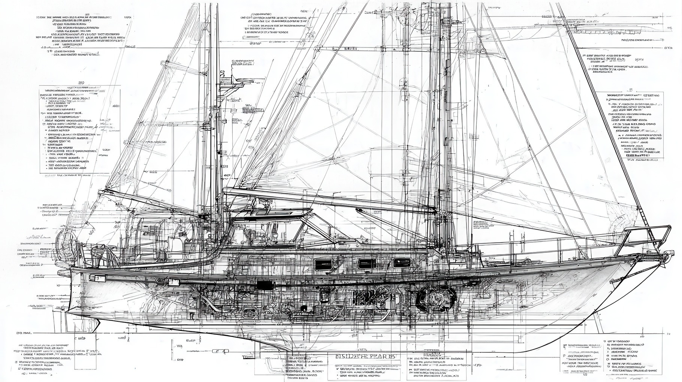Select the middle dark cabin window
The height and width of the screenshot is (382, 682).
click(x=365, y=263)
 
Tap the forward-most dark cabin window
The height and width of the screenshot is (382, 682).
click(x=401, y=261)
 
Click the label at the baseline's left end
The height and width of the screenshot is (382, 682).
click(x=23, y=333)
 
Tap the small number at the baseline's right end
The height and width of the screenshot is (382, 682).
click(x=668, y=333)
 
